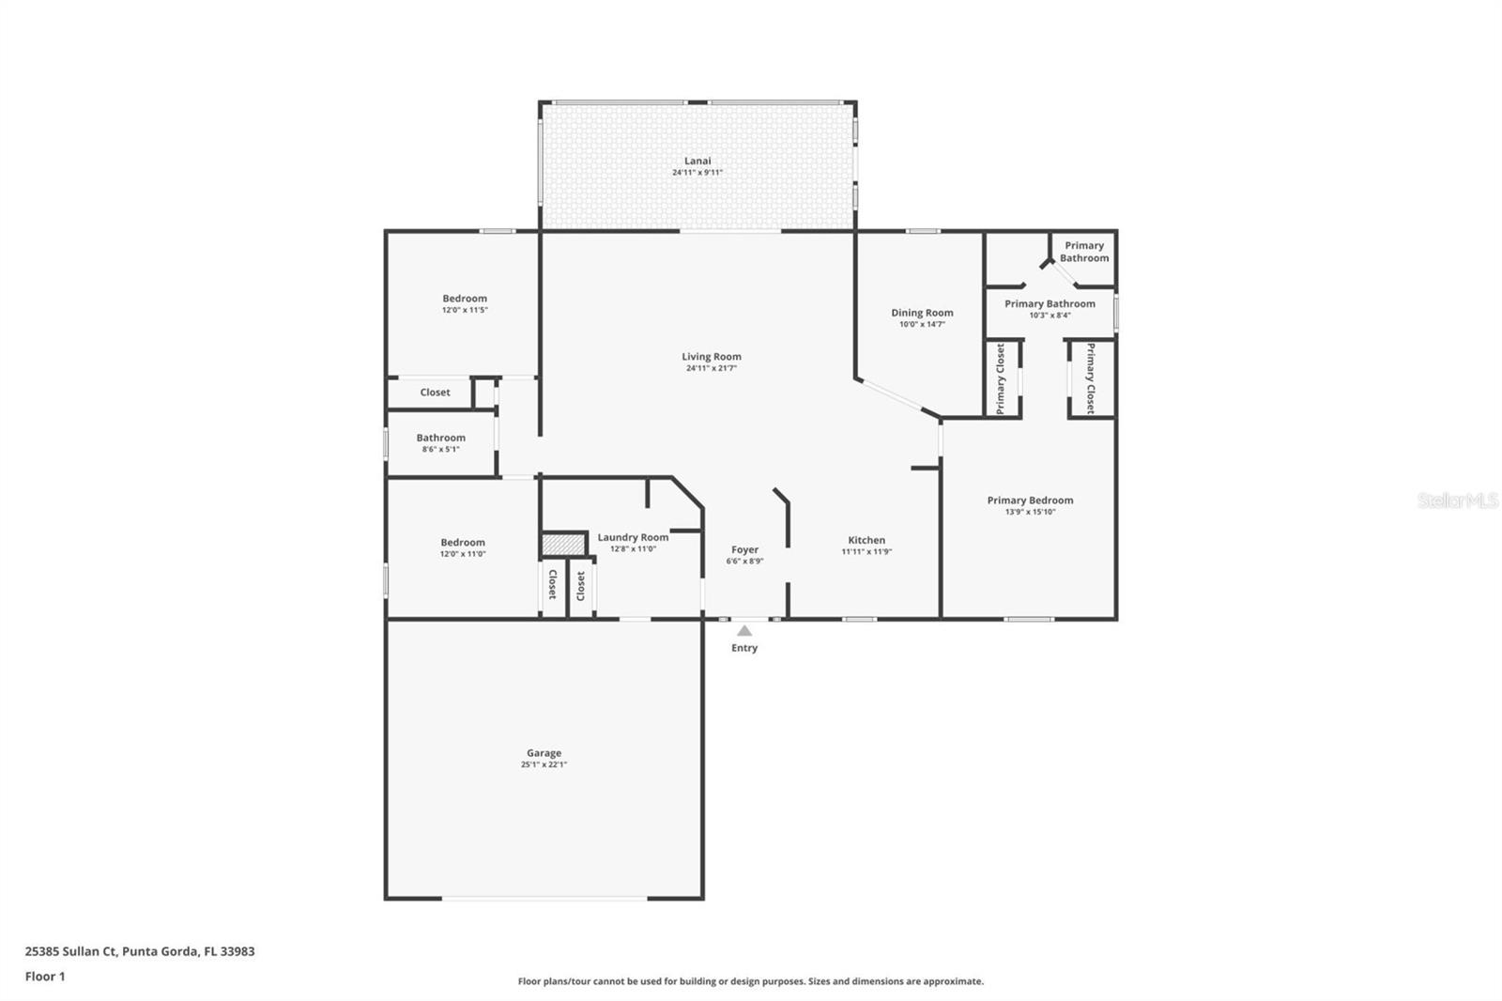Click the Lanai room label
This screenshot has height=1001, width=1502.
pos(697,161)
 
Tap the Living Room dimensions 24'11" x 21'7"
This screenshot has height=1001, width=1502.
pos(712,368)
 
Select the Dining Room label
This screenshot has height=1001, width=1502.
pos(922,313)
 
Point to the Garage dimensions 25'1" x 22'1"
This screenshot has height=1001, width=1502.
pos(544,764)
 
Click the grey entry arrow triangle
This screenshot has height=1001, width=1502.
pos(744,631)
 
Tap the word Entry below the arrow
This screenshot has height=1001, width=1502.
pos(744,648)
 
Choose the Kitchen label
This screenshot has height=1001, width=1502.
pos(866,540)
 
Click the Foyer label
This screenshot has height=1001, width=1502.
pos(744,550)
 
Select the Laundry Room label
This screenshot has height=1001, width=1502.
pos(633,537)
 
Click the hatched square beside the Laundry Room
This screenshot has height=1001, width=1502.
pos(563,544)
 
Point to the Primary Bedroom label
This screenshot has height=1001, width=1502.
pos(1030,500)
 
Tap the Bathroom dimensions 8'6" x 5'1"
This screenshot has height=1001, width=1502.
pos(440,450)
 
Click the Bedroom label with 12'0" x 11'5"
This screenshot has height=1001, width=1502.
pos(465,299)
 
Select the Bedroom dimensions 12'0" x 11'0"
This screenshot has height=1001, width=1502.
pos(463,554)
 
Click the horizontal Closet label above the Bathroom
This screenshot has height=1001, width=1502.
pos(436,393)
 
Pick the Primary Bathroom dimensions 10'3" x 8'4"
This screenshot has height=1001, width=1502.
pos(1050,316)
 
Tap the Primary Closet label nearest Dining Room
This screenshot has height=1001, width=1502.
pos(1001,378)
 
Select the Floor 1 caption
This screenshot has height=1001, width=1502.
pos(45,977)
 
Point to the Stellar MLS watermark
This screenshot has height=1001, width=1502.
pos(1457,500)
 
